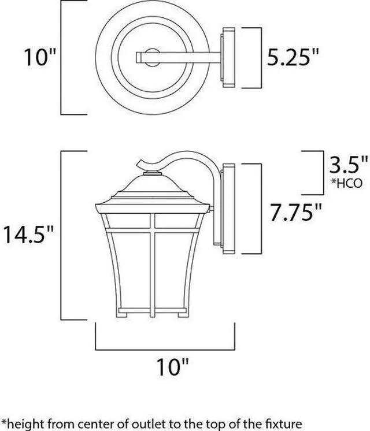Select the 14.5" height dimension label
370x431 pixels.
pyautogui.click(x=28, y=234)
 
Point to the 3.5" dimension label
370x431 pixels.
pyautogui.click(x=348, y=165)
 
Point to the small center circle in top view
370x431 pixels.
pyautogui.click(x=151, y=57)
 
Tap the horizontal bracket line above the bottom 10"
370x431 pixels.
pyautogui.click(x=165, y=349)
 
